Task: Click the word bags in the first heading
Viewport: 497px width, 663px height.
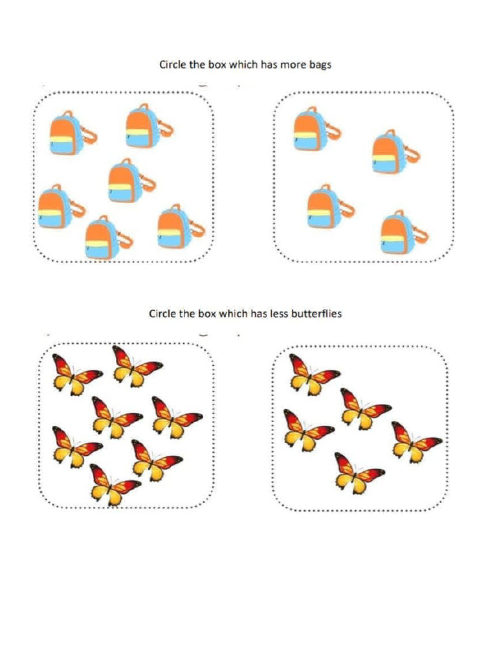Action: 320,65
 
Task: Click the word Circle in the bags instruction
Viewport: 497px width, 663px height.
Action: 175,65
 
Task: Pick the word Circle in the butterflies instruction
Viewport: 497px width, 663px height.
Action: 164,314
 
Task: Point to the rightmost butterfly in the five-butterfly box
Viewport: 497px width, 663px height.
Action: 415,441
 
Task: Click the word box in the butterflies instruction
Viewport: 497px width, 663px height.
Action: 217,314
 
